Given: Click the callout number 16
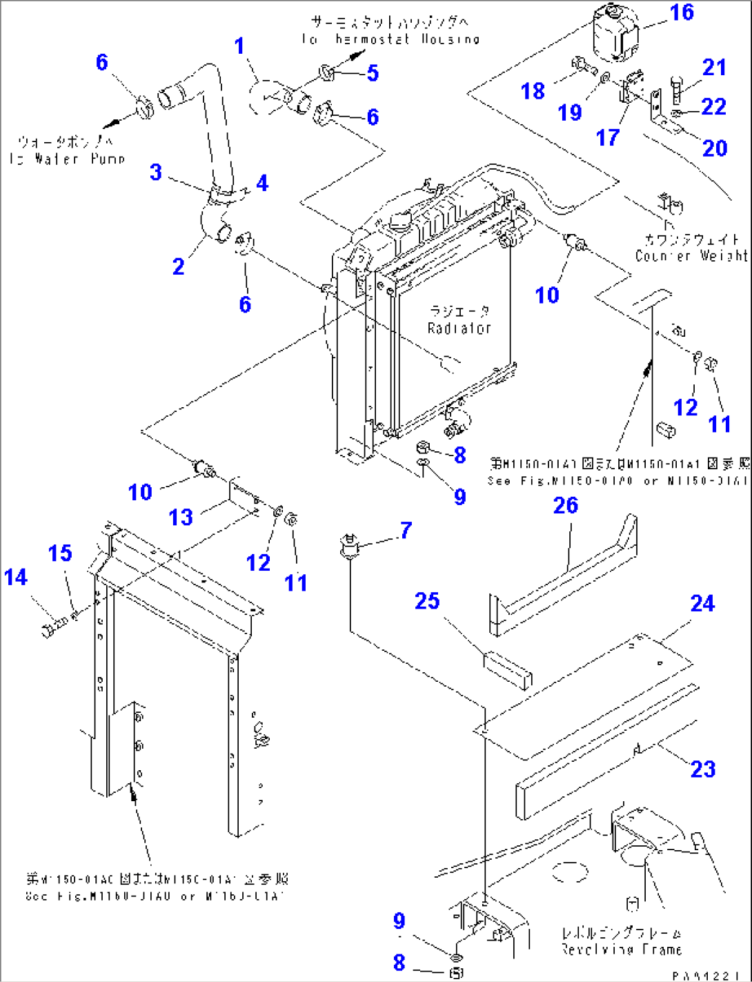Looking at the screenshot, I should click(682, 12).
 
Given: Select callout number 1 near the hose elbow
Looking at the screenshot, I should click(239, 46).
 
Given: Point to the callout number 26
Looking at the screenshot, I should click(566, 505).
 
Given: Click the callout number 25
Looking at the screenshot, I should click(427, 600).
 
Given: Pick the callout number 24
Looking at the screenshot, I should click(702, 604).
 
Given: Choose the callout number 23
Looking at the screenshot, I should click(702, 769).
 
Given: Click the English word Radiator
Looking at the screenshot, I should click(459, 328).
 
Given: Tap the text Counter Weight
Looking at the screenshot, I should click(691, 255).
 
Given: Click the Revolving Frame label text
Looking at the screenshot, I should click(621, 950).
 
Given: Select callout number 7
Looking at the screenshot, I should click(406, 530).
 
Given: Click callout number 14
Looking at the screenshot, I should click(16, 577).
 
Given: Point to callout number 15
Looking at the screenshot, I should click(60, 553).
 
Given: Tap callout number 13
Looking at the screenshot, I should click(181, 517).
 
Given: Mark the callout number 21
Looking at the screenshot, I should click(714, 68).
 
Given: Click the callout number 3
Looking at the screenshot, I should click(156, 172).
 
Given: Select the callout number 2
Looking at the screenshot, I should click(178, 266).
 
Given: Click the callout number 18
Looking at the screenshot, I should click(533, 90).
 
